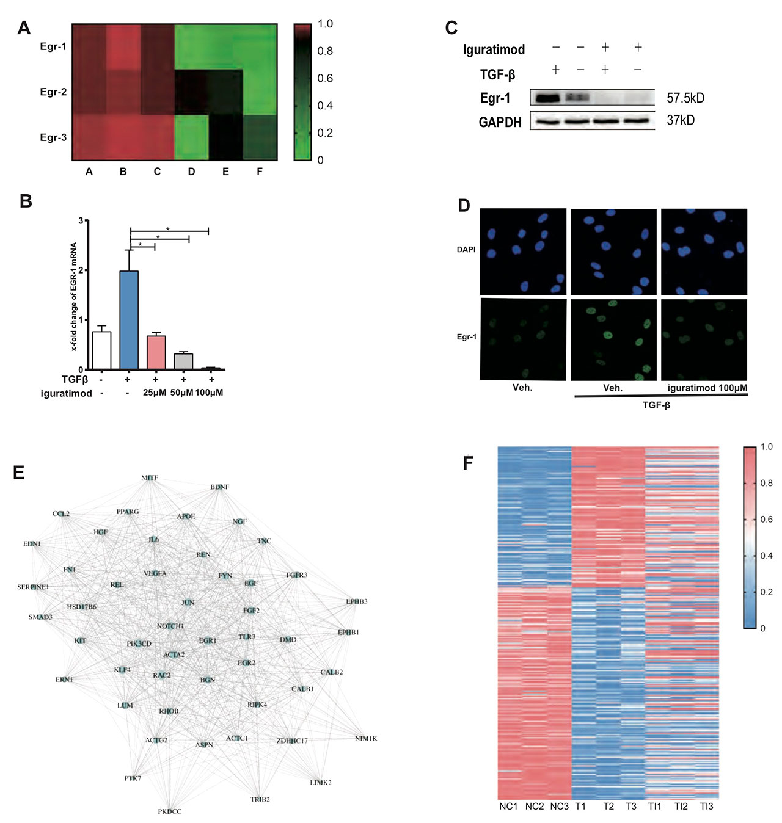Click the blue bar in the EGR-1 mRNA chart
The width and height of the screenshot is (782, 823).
pyautogui.click(x=129, y=320)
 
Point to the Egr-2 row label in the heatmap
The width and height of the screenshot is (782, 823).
pyautogui.click(x=53, y=92)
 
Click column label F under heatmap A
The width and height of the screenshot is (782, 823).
pyautogui.click(x=260, y=172)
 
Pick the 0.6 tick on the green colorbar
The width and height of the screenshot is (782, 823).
pyautogui.click(x=325, y=78)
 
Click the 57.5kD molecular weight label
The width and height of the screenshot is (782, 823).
pyautogui.click(x=685, y=98)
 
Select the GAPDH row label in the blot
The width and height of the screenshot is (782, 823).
pyautogui.click(x=500, y=122)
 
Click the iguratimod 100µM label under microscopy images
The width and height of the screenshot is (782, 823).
pyautogui.click(x=707, y=388)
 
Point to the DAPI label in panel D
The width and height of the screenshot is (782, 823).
pyautogui.click(x=466, y=250)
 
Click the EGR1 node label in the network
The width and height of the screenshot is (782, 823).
pyautogui.click(x=208, y=640)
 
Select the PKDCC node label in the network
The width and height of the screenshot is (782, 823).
pyautogui.click(x=169, y=811)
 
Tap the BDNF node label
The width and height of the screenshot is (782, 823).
pyautogui.click(x=219, y=487)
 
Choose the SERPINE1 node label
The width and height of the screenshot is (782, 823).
pyautogui.click(x=33, y=587)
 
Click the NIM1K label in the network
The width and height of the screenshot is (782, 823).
pyautogui.click(x=366, y=739)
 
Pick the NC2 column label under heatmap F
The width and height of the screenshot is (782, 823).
pyautogui.click(x=534, y=807)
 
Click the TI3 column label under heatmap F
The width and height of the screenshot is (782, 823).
pyautogui.click(x=706, y=807)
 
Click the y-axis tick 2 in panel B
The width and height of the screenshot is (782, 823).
pyautogui.click(x=81, y=270)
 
